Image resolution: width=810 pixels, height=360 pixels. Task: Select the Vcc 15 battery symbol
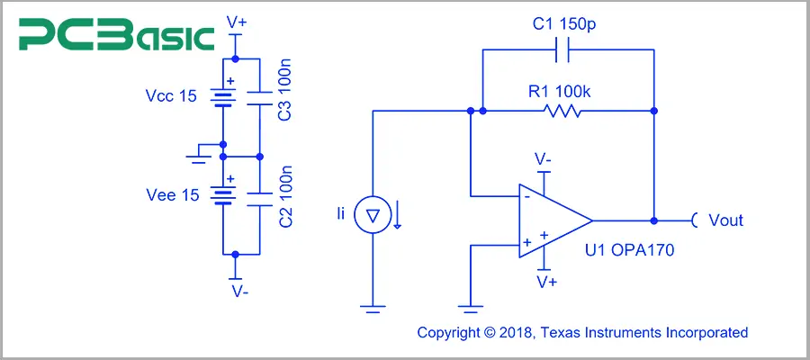pos(221,94)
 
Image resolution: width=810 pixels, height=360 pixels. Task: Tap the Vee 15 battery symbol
pos(221,193)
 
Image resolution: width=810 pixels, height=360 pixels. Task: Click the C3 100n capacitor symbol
pos(259,94)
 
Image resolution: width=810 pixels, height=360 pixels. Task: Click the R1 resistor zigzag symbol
pos(562,112)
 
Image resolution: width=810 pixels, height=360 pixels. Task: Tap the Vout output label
pos(725,220)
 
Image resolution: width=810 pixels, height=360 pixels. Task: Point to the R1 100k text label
pos(563,89)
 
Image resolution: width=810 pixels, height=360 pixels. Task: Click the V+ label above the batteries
pos(236,20)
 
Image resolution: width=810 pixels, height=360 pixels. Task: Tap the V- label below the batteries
pos(236,292)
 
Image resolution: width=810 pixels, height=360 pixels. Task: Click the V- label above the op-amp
pos(544,159)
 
